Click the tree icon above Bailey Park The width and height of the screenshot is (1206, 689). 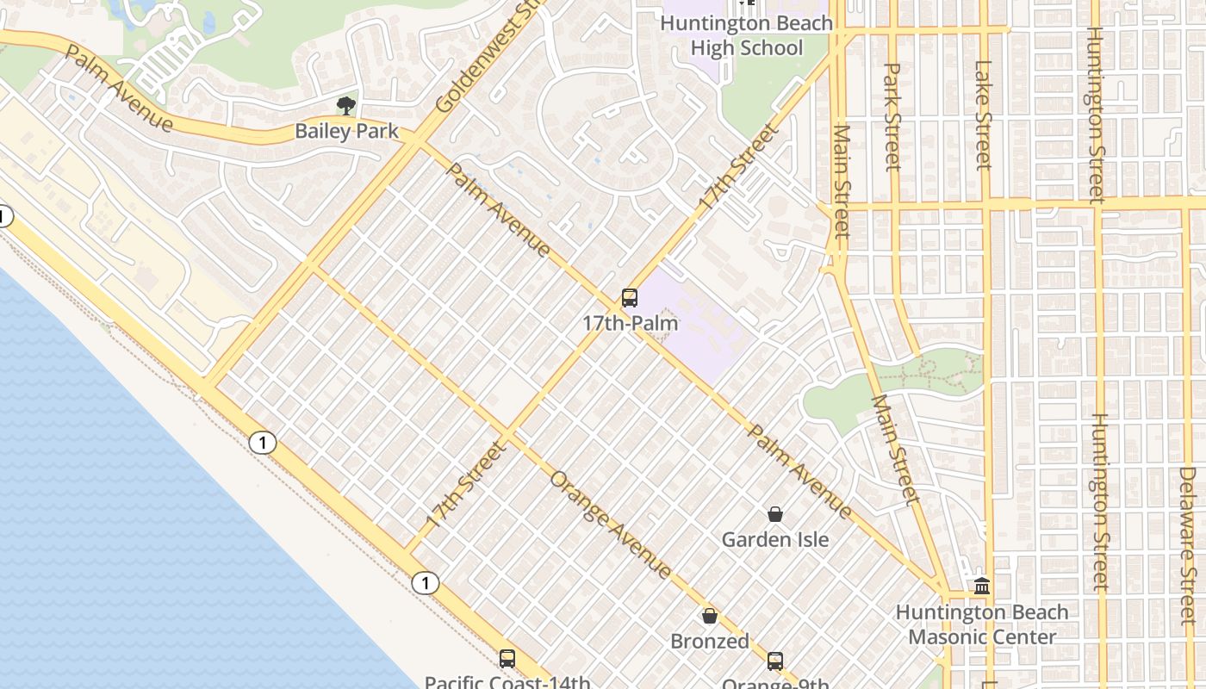pyautogui.click(x=346, y=106)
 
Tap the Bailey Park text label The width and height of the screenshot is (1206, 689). pyautogui.click(x=346, y=131)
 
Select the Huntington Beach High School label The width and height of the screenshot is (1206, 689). pyautogui.click(x=746, y=35)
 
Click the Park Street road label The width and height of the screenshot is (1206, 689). pyautogui.click(x=892, y=116)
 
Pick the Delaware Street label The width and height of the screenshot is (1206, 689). pyautogui.click(x=1187, y=534)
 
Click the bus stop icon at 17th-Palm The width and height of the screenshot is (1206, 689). pyautogui.click(x=630, y=299)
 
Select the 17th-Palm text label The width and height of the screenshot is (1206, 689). pyautogui.click(x=630, y=324)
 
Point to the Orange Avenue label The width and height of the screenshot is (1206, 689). pyautogui.click(x=610, y=525)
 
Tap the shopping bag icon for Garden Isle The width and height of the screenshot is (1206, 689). pyautogui.click(x=775, y=514)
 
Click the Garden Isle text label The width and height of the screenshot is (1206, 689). pyautogui.click(x=775, y=540)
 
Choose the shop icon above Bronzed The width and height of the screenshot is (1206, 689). pyautogui.click(x=710, y=616)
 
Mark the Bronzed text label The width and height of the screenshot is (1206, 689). pyautogui.click(x=710, y=642)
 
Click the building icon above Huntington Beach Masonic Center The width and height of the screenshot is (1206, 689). pyautogui.click(x=981, y=587)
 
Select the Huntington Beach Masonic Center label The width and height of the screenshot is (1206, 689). pyautogui.click(x=982, y=624)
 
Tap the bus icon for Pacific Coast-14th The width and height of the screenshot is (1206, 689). pyautogui.click(x=507, y=659)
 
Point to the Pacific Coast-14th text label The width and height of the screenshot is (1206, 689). pyautogui.click(x=507, y=682)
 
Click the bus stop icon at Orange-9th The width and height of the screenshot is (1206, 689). pyautogui.click(x=775, y=661)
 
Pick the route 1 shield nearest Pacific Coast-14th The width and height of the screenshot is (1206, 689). pyautogui.click(x=425, y=583)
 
